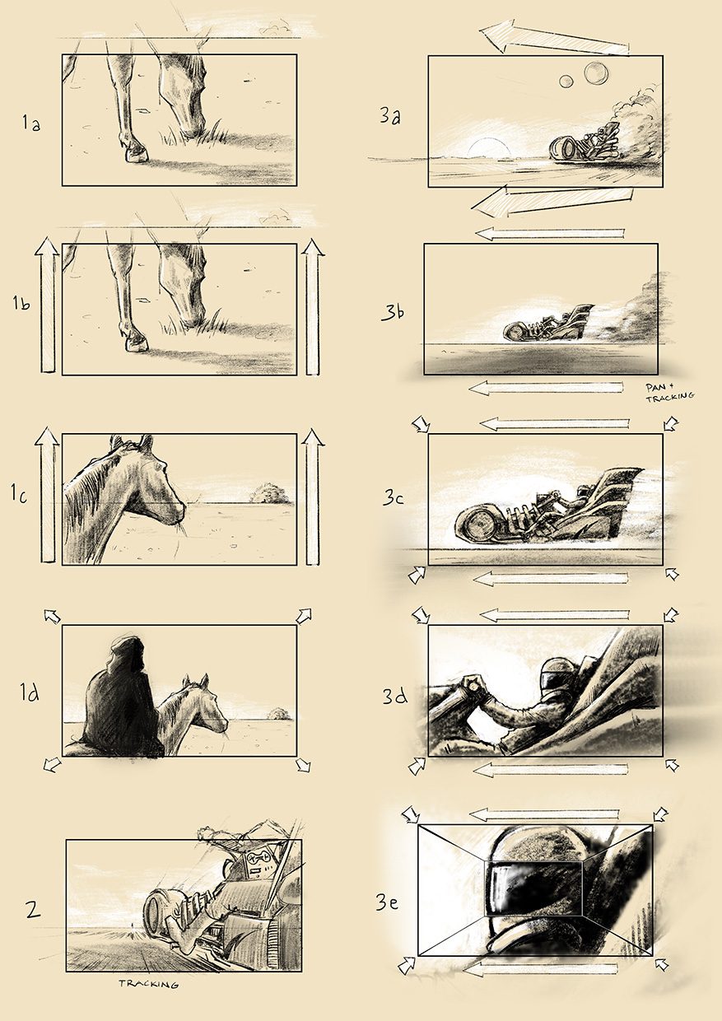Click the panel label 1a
[x=31, y=123]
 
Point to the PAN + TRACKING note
[x=669, y=393]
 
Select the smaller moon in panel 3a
[x=566, y=82]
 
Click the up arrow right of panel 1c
[x=313, y=497]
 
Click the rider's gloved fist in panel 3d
[x=473, y=684]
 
